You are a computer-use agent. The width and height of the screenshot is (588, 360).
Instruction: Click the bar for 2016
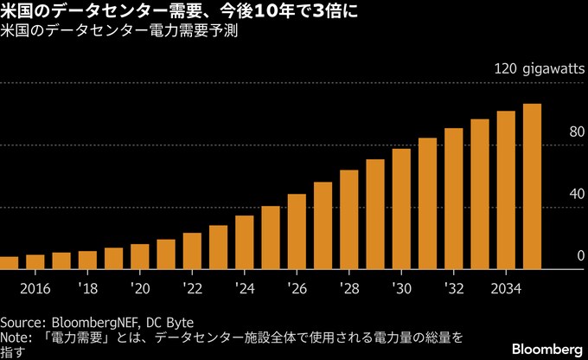pos(35,262)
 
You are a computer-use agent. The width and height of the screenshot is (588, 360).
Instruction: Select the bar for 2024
pos(245,242)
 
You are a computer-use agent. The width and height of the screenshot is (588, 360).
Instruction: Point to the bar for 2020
pos(140,257)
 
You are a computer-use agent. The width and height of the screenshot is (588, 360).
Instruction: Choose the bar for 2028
pos(349,220)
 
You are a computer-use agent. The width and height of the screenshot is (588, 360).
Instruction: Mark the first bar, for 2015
pos(9,263)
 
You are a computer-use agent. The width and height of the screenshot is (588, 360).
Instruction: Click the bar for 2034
pos(506,190)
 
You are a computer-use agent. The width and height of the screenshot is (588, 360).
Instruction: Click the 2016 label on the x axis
pos(35,287)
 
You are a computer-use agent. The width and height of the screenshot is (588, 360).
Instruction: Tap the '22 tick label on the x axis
pos(192,287)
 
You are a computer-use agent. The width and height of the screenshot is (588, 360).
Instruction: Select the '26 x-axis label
pos(297,287)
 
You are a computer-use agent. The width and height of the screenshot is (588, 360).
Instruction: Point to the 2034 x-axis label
pos(506,287)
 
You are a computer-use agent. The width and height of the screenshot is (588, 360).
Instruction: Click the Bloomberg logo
pos(547,348)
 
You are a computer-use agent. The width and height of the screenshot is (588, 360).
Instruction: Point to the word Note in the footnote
pos(15,336)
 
